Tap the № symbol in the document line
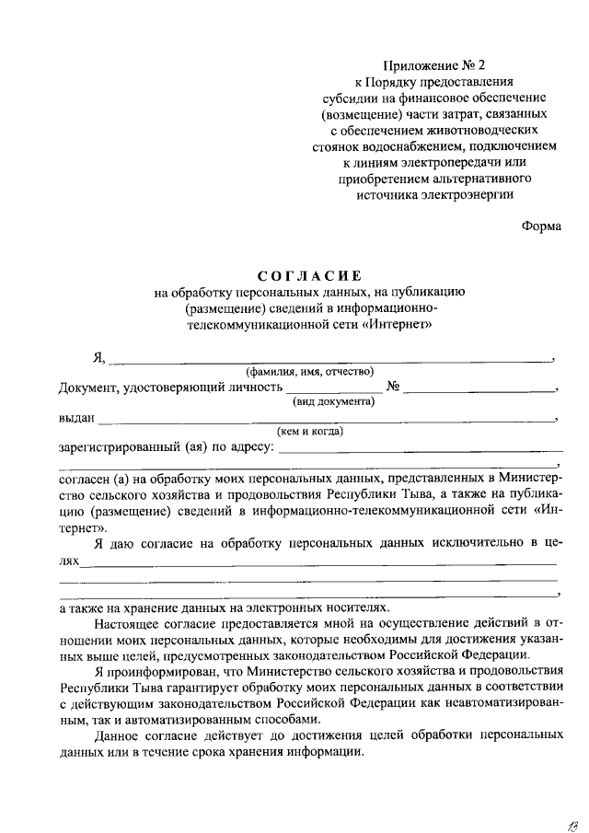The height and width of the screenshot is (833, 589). point(392,388)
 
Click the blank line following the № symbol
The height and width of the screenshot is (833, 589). point(479,389)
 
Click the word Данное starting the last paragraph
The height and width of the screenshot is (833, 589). point(117,737)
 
